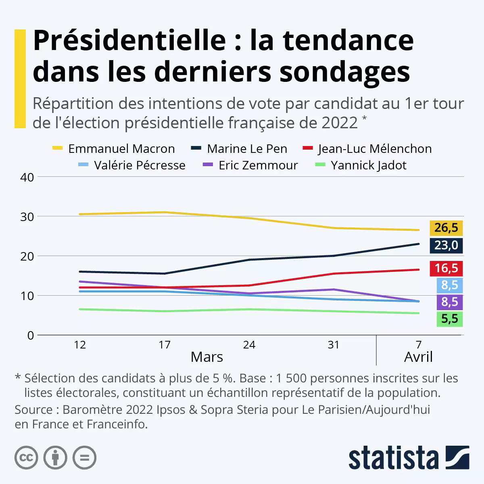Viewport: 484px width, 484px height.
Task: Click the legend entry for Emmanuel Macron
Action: pos(121,149)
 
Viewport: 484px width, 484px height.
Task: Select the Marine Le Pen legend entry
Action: pos(247,149)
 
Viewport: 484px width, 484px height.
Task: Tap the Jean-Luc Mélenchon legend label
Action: pos(375,149)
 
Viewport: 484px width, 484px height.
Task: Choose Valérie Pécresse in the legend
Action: pos(140,165)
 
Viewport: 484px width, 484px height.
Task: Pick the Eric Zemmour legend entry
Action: pos(258,165)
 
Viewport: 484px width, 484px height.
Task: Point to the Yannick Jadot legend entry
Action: pos(369,165)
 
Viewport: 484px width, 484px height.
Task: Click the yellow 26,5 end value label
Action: pos(446,228)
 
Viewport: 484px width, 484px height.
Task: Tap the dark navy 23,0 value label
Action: pos(446,245)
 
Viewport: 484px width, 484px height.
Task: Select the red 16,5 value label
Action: pos(446,268)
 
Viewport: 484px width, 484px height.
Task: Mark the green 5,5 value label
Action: pos(449,319)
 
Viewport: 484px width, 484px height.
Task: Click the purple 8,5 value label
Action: pos(449,302)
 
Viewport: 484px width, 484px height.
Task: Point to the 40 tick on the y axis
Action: pos(27,177)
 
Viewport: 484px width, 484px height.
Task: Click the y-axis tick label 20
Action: pos(27,256)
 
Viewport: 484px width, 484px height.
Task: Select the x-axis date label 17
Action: pos(165,345)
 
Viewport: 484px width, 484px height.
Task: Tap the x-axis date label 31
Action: pos(334,345)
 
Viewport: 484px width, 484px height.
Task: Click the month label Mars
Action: pos(207,357)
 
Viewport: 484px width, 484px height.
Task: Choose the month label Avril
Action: pos(418,357)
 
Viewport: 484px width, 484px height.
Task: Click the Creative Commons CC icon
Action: pos(26,457)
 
